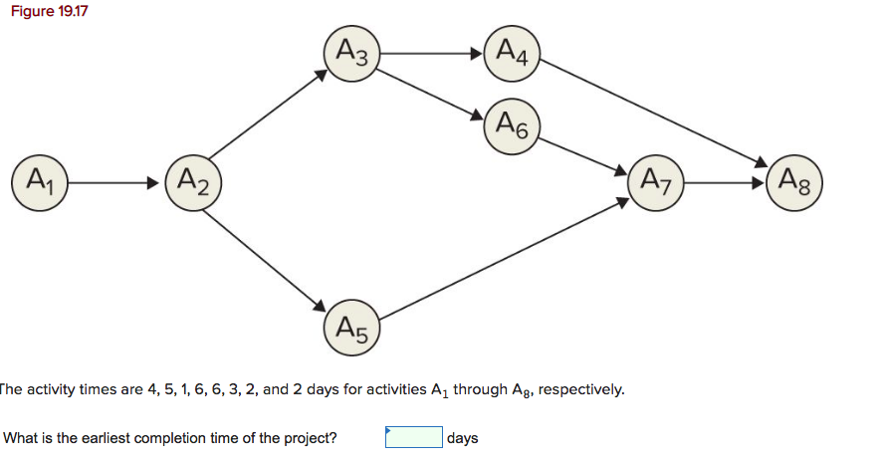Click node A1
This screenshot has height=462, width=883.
point(39,183)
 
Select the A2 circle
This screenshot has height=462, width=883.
point(193,183)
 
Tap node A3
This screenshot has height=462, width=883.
point(352,50)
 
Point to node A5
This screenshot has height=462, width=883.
point(352,327)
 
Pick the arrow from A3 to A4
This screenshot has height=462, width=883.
point(434,50)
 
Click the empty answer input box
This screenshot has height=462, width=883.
point(413,438)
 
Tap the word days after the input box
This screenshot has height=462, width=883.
point(463,438)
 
